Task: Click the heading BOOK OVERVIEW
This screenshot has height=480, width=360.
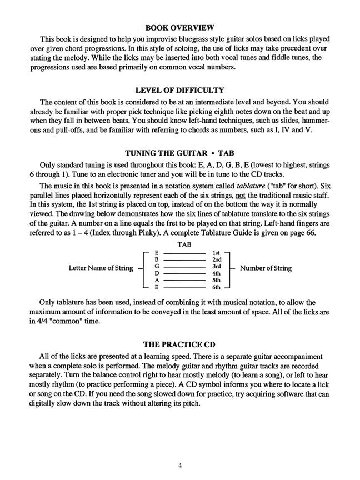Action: [x=179, y=27]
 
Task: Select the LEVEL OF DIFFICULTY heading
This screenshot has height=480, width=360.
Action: [x=179, y=90]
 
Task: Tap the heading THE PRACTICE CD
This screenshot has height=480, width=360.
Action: [x=179, y=344]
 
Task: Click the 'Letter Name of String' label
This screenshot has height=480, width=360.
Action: [x=101, y=268]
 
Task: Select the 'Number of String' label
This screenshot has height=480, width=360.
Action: [x=266, y=268]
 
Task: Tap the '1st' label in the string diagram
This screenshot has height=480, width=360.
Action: [x=217, y=253]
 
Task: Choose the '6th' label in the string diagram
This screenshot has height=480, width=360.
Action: [x=217, y=287]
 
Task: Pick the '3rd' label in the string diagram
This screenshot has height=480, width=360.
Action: [x=217, y=267]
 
